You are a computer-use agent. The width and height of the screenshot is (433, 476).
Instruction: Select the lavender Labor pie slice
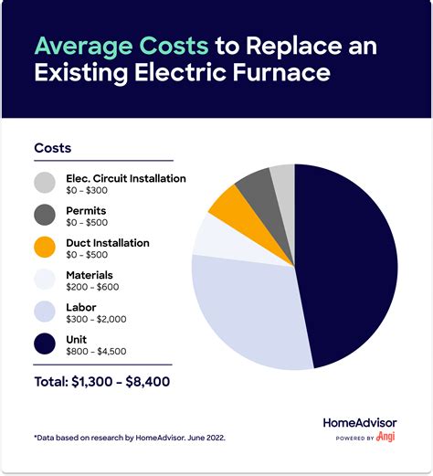tap(247, 306)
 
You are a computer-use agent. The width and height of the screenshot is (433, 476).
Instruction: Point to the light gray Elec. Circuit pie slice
tap(283, 179)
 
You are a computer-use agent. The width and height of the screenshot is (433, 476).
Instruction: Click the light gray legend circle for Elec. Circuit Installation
tap(45, 184)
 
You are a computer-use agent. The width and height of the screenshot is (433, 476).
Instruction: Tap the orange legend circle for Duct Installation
tap(45, 249)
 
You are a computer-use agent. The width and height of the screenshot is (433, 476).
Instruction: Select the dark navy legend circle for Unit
tap(45, 344)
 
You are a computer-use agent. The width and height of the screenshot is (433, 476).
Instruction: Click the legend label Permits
tap(87, 210)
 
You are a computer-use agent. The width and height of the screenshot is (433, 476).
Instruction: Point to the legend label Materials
tap(90, 274)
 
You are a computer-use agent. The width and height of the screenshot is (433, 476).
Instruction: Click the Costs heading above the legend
tap(52, 147)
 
